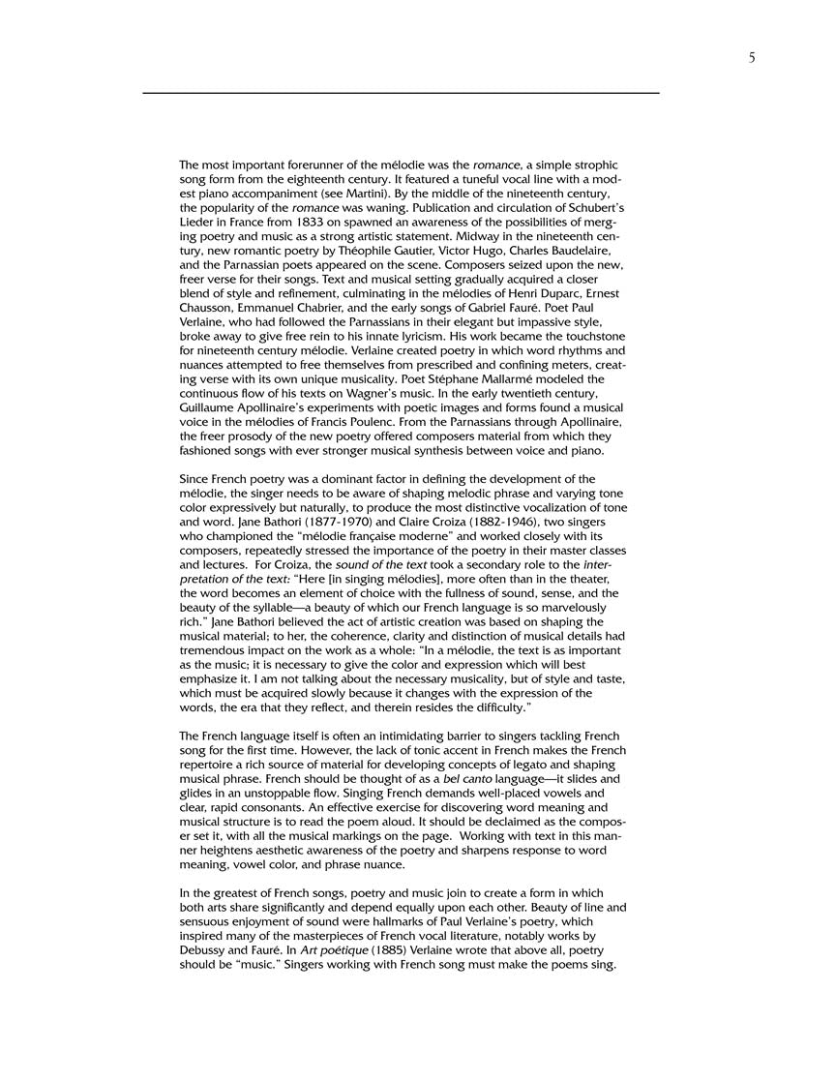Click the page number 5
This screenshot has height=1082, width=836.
pyautogui.click(x=752, y=58)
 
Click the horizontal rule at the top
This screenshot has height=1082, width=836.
pyautogui.click(x=401, y=93)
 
